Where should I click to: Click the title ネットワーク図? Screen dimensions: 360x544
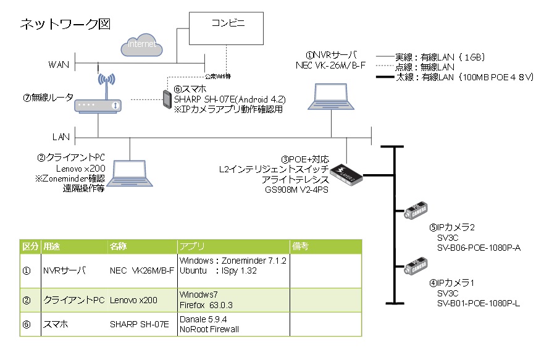[x=65, y=24]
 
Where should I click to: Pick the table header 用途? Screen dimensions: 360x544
[x=51, y=246]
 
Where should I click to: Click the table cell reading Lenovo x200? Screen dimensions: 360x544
[x=133, y=300]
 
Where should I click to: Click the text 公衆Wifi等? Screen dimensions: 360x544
[x=218, y=76]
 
